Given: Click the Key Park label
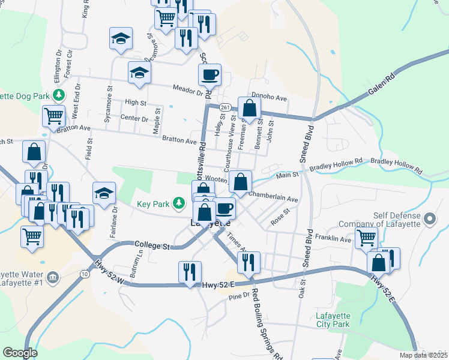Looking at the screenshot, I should pos(154,204).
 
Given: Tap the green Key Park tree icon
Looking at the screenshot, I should pos(178,204).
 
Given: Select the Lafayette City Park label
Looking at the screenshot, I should pos(333,320).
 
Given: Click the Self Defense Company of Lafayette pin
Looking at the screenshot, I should pos(429,218).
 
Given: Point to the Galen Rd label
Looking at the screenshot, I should pos(382,85).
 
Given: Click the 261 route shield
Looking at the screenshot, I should pos(224,107).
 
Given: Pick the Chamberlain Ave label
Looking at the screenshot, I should pos(273,197).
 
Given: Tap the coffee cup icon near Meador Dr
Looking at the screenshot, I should pos(209,75).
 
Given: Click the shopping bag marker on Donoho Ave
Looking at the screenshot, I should pos(249,109).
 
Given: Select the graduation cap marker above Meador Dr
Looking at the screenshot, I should pos(139,73).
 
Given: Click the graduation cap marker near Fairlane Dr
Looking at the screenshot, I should pos(104,193).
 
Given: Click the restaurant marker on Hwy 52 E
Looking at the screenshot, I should pos(190,272).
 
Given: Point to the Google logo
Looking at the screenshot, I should pos(20,353).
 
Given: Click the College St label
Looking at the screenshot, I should pos(153,245).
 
